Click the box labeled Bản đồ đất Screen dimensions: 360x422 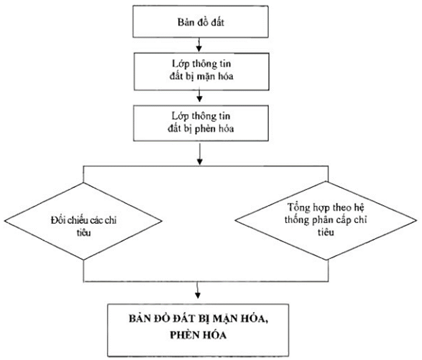[201, 22]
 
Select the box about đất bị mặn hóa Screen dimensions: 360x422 [201, 73]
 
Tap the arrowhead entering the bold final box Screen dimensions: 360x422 [197, 297]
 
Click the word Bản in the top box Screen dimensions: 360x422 [184, 22]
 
